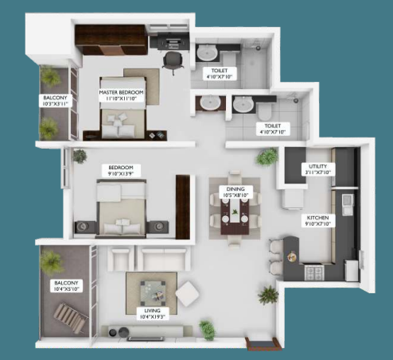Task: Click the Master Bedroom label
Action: pyautogui.click(x=121, y=93)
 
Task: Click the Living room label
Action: pyautogui.click(x=148, y=311)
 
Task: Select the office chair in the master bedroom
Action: pyautogui.click(x=170, y=61)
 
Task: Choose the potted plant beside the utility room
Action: pyautogui.click(x=266, y=157)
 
